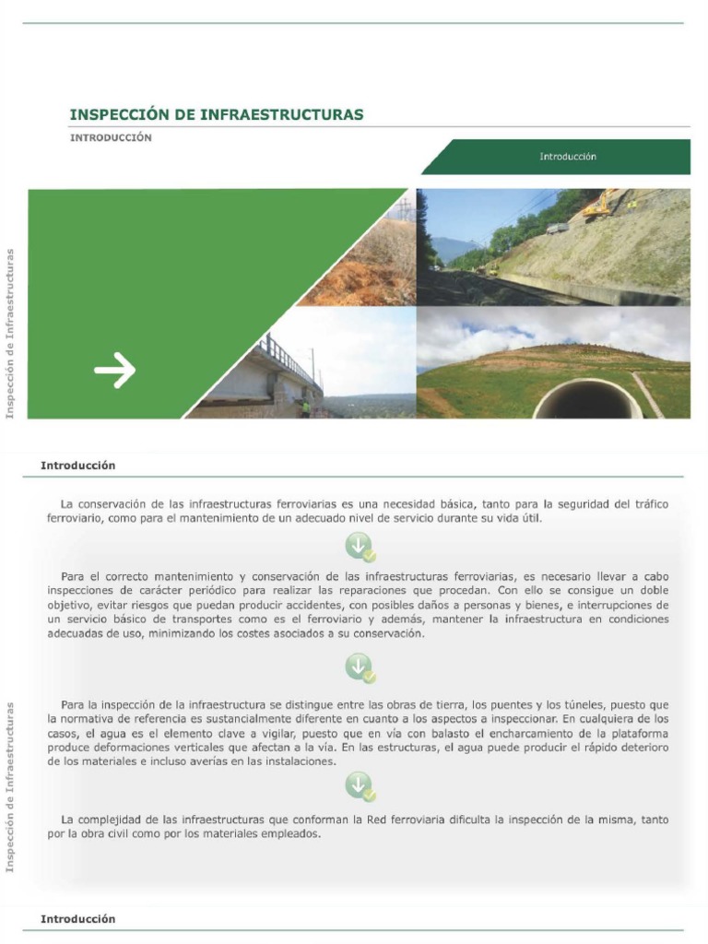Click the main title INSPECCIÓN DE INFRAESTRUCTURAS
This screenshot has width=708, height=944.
click(217, 115)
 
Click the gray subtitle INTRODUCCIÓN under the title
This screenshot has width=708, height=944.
click(111, 138)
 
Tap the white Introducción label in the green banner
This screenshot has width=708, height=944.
click(568, 157)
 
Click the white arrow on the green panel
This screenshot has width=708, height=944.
click(114, 371)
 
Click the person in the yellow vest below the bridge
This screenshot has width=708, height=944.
click(306, 407)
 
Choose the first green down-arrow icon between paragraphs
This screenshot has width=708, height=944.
click(360, 547)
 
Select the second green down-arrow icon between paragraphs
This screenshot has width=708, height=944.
click(360, 667)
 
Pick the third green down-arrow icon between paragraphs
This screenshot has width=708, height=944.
click(360, 786)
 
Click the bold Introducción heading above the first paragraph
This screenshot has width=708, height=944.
click(78, 466)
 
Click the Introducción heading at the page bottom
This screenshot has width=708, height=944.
click(78, 919)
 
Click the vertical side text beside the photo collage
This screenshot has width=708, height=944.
click(11, 333)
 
